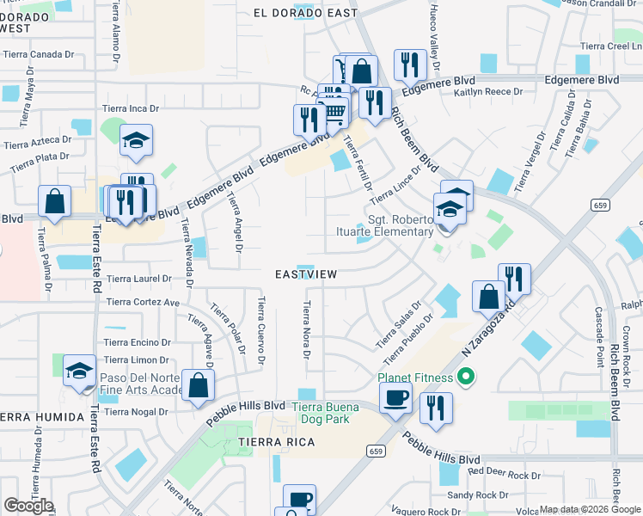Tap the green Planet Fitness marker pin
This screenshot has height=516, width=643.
(466, 376)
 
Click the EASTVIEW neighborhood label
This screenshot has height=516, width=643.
(304, 274)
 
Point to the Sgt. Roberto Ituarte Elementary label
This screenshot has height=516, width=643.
(401, 225)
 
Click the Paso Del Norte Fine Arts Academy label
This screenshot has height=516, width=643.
(142, 384)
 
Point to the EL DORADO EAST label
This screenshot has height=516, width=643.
(305, 12)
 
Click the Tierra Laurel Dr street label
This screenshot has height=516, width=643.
(139, 279)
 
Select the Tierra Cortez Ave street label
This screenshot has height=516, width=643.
(142, 303)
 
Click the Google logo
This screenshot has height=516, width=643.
(28, 506)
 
